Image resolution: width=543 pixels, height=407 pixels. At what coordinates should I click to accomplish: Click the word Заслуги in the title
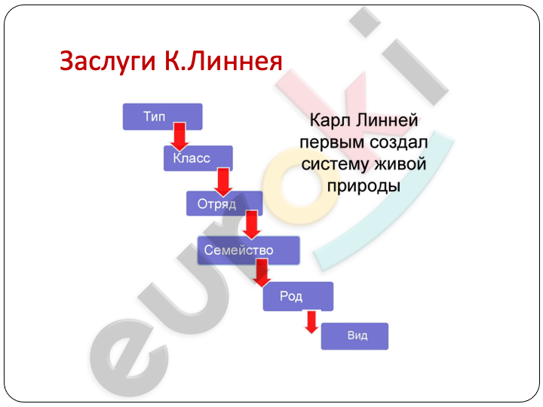[x=108, y=62]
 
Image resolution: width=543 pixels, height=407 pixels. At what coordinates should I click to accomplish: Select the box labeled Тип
[x=162, y=117]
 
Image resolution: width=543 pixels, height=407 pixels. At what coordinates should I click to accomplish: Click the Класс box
[x=198, y=158]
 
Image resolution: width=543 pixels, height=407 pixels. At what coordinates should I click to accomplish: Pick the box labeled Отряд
[x=225, y=203]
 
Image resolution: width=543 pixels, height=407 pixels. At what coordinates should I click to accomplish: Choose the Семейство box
[x=248, y=250]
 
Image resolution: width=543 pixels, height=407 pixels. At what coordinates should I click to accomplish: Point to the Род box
[x=298, y=296]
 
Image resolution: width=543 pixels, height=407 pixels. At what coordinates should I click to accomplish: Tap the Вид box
[x=354, y=336]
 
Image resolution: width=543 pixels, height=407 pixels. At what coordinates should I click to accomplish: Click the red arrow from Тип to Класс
[x=179, y=136]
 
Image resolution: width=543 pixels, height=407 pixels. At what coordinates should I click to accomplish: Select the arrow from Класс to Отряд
[x=223, y=182]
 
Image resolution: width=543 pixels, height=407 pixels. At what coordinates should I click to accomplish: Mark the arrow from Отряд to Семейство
[x=251, y=225]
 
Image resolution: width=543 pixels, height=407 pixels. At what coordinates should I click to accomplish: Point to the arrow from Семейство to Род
[x=262, y=273]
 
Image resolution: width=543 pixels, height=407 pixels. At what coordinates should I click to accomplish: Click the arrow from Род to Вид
[x=311, y=322]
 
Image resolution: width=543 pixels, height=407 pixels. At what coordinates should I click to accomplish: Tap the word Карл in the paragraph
[x=331, y=121]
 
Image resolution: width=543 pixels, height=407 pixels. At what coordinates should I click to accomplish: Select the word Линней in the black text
[x=387, y=120]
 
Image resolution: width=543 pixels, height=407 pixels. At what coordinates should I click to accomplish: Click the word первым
[x=332, y=142]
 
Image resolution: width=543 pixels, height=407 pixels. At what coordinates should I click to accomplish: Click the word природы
[x=364, y=186]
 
